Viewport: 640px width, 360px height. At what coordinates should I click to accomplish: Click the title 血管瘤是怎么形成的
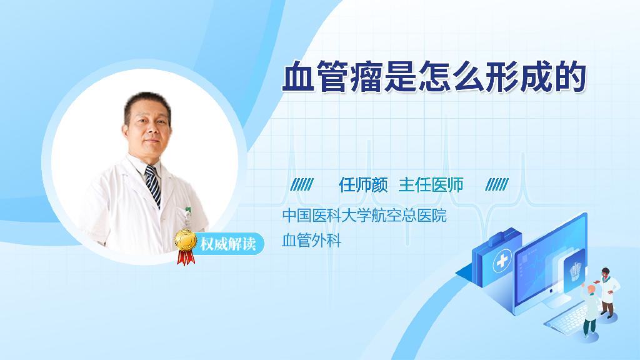point(434,76)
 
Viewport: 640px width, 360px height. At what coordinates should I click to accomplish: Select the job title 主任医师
point(431,185)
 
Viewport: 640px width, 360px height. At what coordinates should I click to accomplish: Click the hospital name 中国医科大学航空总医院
point(364,215)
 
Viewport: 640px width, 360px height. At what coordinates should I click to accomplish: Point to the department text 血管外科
point(311,240)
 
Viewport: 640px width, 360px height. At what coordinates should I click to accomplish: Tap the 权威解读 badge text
point(228,244)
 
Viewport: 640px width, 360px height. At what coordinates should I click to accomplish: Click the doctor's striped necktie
point(154,186)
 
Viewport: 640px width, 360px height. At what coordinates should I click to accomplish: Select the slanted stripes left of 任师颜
point(302,185)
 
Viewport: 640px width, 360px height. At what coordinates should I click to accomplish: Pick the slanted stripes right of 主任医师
point(497,185)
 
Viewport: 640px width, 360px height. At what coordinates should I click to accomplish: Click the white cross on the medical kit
point(502,261)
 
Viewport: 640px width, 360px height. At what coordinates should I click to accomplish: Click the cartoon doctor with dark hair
point(607,292)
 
